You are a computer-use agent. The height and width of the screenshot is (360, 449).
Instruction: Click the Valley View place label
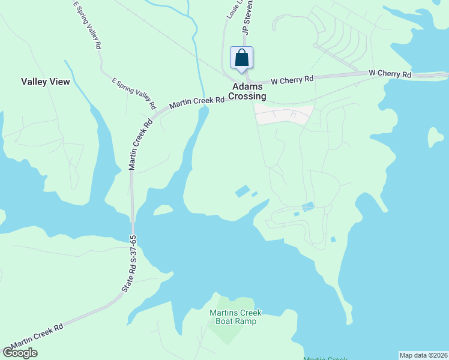[x=46, y=82]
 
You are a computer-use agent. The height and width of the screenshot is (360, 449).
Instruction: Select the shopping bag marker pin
[x=242, y=58]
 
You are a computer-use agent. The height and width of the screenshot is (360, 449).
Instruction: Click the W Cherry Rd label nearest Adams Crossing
[x=292, y=79]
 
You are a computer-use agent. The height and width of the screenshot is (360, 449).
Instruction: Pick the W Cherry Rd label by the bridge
[x=390, y=74]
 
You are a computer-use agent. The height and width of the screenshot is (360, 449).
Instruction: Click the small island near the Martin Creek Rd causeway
[x=163, y=209]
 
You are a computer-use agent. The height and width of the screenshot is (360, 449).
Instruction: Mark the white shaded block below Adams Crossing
[x=284, y=115]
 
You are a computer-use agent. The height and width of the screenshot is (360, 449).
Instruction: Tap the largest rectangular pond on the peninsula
[x=243, y=191]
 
